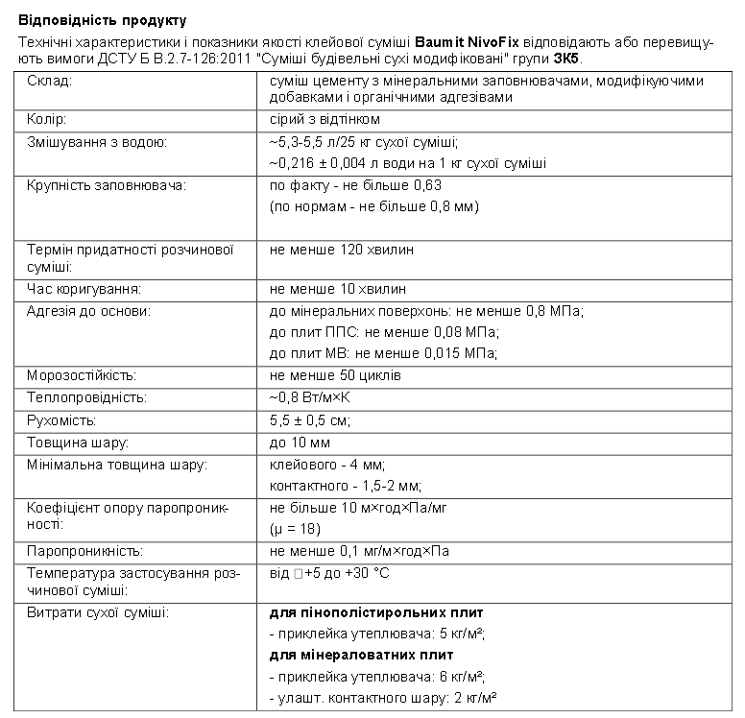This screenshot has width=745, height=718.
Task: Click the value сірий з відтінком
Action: point(325,120)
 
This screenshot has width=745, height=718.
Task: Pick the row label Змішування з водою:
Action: point(98,143)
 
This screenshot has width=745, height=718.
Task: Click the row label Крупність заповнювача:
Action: point(106,184)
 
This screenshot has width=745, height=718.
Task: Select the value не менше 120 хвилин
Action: point(342,250)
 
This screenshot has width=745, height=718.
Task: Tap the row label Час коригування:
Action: point(84,289)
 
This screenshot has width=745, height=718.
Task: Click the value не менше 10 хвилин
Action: point(338,289)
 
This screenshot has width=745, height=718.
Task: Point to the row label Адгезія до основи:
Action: point(89,311)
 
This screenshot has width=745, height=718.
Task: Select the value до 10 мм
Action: point(300,443)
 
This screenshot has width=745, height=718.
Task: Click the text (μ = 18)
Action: point(295,529)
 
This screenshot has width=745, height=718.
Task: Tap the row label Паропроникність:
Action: point(85,552)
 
